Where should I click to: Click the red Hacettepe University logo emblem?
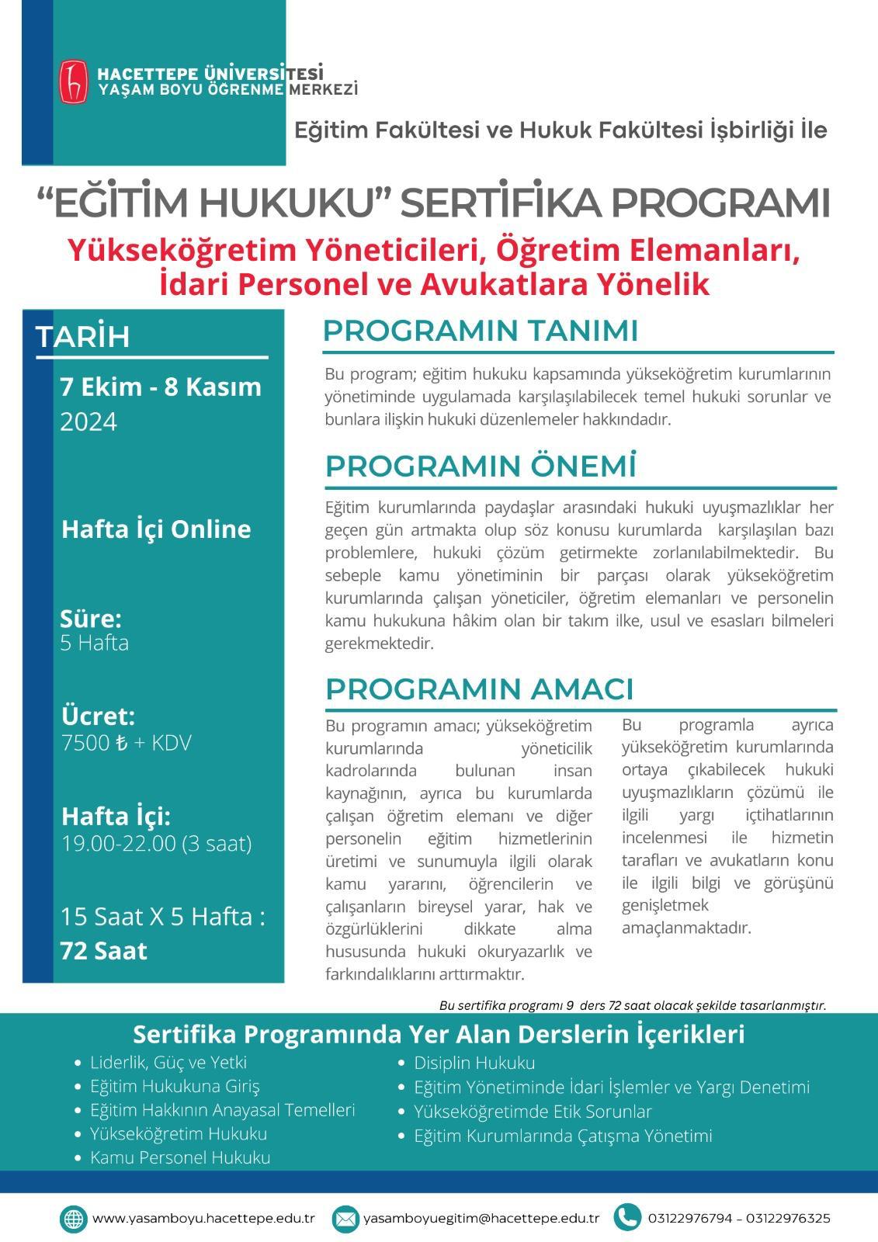(75, 81)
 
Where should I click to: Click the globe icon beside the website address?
(74, 1218)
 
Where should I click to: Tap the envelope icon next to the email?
(345, 1218)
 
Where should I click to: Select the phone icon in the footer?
(626, 1217)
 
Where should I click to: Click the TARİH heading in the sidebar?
(83, 337)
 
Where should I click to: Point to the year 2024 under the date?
(88, 422)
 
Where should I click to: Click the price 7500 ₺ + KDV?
(126, 743)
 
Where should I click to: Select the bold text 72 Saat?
(103, 951)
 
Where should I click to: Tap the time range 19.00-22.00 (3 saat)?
(157, 844)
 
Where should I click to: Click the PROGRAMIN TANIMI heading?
(480, 331)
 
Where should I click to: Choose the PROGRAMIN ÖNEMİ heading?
(481, 467)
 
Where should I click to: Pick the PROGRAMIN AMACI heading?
(479, 689)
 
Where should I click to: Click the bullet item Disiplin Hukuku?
(474, 1063)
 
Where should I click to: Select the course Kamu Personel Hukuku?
(180, 1157)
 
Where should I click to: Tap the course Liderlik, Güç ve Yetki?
(168, 1062)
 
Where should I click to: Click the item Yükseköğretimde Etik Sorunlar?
(533, 1112)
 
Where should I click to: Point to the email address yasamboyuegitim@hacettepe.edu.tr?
(481, 1218)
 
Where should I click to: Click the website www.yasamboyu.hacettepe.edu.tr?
(203, 1218)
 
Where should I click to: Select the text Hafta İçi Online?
(156, 529)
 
